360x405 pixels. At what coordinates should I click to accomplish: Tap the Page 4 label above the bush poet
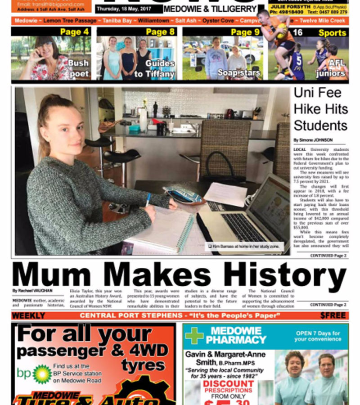(74, 32)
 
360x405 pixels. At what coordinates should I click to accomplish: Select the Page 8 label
(160, 32)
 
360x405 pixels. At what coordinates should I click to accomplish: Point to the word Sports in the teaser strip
(332, 33)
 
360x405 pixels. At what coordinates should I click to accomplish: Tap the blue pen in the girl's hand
(148, 199)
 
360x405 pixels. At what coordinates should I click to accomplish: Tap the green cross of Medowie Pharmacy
(194, 336)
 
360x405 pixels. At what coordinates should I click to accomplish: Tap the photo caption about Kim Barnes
(245, 246)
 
